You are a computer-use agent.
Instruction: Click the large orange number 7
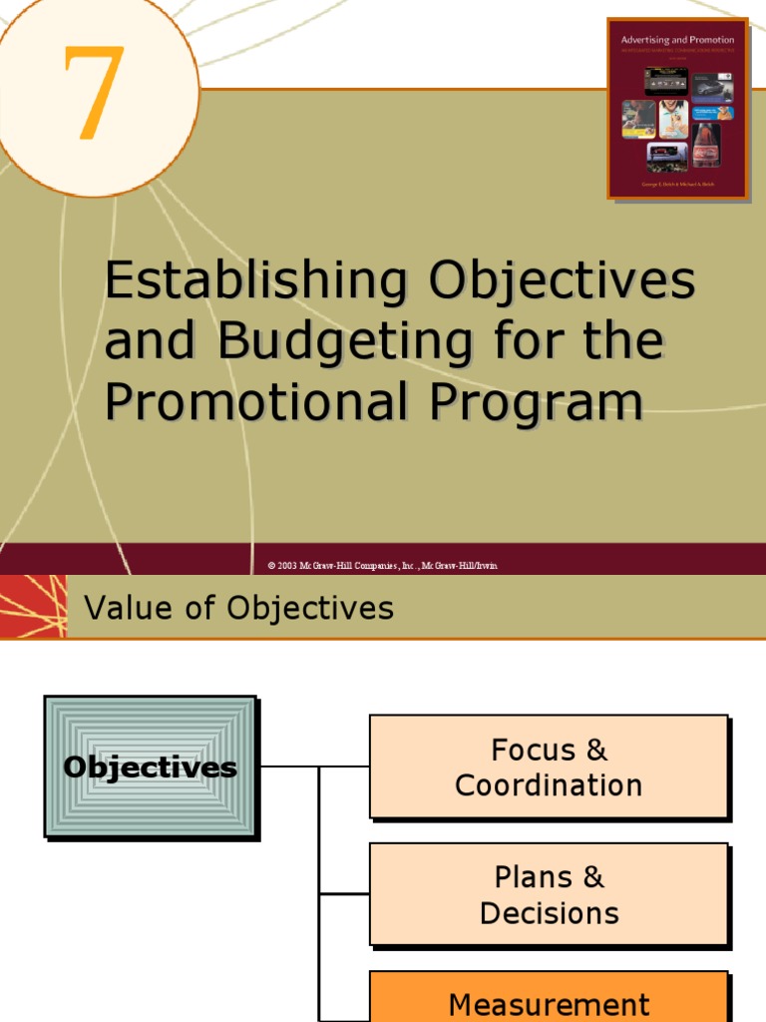point(95,92)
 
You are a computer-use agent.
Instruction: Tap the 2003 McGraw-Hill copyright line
point(382,566)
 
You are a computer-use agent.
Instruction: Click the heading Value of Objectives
point(239,608)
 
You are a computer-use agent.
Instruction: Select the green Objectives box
point(150,766)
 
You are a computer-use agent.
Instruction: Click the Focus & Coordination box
point(549,766)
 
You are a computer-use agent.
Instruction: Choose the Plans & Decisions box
point(549,894)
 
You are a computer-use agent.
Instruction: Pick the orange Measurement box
point(549,1001)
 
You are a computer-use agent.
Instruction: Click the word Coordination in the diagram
point(549,785)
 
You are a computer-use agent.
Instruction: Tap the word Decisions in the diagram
point(550,913)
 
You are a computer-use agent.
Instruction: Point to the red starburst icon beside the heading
point(33,607)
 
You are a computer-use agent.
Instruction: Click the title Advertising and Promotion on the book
point(677,40)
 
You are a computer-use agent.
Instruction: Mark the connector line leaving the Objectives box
point(289,766)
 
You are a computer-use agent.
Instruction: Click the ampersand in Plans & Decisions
point(593,877)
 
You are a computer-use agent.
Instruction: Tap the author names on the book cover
point(677,186)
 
